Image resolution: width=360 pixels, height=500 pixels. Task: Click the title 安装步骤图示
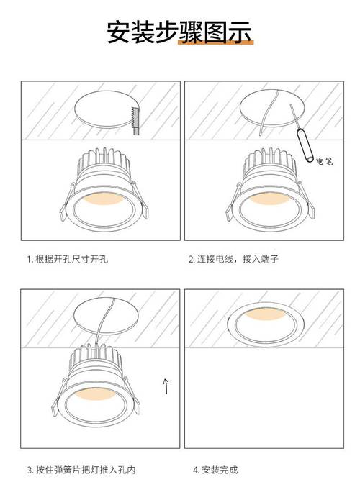[179, 33]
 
